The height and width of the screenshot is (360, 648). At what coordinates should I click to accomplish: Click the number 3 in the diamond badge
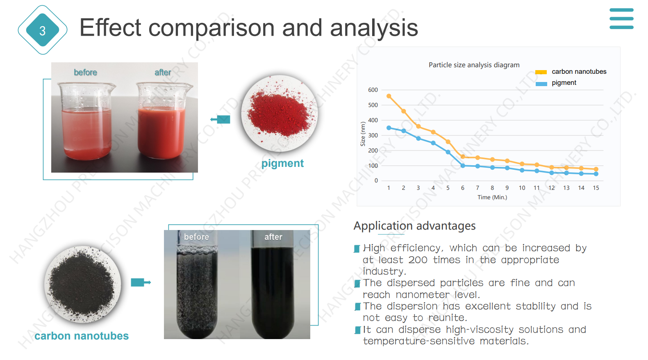43,31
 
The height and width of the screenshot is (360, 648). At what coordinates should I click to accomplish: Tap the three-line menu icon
621,18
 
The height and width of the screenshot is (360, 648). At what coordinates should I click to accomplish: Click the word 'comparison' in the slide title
211,28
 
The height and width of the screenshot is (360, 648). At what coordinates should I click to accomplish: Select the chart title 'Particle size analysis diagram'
474,65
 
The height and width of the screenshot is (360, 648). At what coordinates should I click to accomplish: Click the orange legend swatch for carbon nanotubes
541,72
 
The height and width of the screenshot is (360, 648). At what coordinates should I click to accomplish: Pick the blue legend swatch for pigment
541,84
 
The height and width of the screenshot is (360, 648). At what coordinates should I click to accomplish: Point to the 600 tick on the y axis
373,90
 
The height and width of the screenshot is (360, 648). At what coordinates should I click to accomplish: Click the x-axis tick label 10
522,188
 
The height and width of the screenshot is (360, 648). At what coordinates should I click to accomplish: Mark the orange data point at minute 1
389,96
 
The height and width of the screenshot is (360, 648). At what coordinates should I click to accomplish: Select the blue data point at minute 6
463,166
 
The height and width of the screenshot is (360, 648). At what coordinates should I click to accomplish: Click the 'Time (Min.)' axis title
492,197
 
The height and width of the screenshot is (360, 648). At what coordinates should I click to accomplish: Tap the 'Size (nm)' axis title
363,134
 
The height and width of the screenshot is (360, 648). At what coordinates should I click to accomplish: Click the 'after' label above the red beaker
163,72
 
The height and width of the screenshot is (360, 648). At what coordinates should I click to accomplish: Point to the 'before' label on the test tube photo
196,237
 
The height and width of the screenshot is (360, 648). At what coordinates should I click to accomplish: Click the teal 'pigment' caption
282,164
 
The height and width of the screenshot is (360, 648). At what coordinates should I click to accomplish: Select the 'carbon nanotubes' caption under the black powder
82,336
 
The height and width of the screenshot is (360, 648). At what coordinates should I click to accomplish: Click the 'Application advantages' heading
414,226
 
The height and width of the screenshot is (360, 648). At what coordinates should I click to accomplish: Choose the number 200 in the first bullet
418,260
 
